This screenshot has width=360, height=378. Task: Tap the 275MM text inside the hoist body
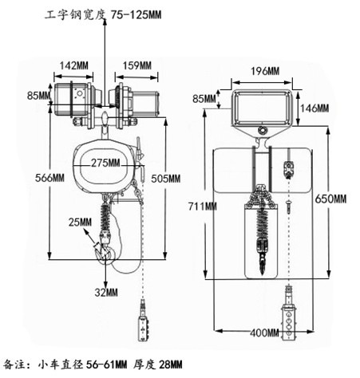pos(105,163)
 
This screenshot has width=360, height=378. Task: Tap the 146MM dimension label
pos(312,108)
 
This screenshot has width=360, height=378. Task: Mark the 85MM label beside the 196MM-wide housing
pos(204,100)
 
